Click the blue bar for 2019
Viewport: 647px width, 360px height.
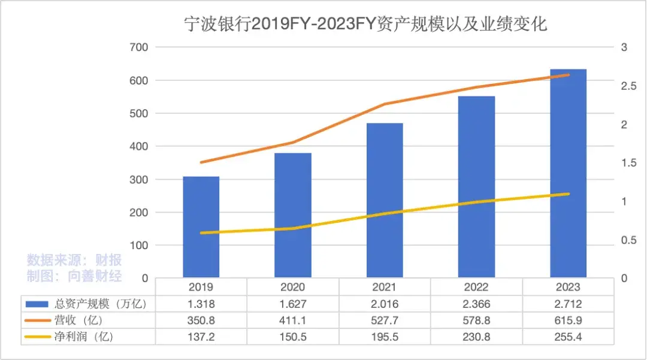201,227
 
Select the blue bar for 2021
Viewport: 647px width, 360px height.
385,200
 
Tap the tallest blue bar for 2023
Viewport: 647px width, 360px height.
568,173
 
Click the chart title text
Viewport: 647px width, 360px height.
365,25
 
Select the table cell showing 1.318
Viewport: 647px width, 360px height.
201,304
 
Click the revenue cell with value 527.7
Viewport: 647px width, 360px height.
385,320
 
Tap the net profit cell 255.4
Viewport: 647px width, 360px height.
568,337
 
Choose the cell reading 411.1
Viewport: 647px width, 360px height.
293,320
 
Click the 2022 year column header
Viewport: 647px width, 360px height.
476,288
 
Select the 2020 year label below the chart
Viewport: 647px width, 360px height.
293,288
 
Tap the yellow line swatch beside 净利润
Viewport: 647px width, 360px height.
38,337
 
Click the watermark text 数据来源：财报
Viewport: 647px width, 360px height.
74,261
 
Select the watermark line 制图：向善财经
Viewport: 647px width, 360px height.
74,276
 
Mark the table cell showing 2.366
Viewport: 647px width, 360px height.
476,304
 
